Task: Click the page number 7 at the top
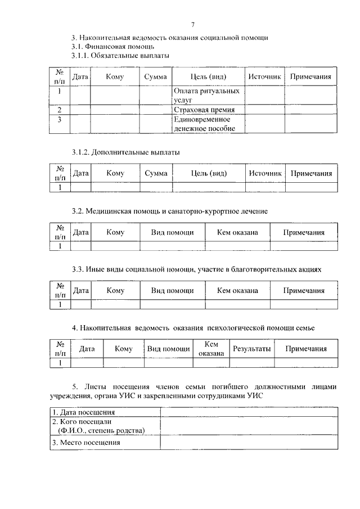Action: [192, 25]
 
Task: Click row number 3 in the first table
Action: [60, 119]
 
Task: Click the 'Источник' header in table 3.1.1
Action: [264, 76]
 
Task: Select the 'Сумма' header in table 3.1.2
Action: [156, 173]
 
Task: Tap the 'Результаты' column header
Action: [252, 349]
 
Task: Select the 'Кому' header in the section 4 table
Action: [123, 349]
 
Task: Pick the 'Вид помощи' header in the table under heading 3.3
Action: [172, 291]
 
